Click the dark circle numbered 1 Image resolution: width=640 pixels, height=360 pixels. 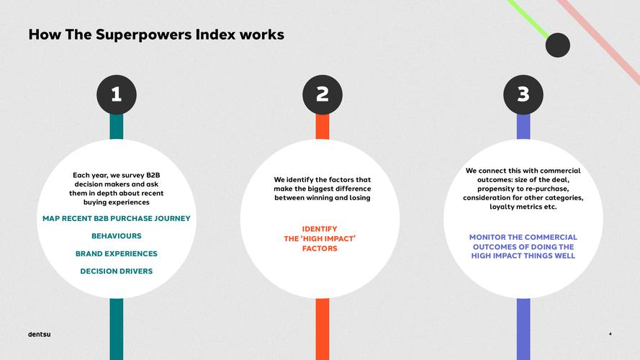coord(117,95)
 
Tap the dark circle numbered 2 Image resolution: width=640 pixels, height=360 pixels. coord(323,95)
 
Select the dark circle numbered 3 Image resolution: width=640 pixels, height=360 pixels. coord(523,95)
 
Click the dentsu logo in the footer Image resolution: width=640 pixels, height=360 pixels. coord(39,334)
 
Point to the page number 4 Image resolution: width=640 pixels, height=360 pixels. coord(610,334)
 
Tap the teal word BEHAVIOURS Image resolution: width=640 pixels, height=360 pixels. coord(117,236)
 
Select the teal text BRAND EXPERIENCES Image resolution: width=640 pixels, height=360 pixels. coord(117,253)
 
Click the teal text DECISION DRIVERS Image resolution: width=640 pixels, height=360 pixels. coord(117,271)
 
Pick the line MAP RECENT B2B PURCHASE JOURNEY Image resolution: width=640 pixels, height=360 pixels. coord(117,218)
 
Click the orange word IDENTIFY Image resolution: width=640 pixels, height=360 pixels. coord(320,229)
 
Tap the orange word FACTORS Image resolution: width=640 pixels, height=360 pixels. coord(320,248)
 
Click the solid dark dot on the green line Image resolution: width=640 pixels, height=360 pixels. coord(557,45)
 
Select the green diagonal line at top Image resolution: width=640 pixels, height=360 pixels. coord(528,19)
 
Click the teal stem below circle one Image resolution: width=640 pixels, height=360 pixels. coord(117,329)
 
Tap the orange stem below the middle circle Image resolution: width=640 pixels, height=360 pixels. coord(323,329)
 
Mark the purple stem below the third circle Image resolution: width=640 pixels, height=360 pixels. coord(523,329)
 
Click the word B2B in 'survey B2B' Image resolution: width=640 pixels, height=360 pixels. coord(153,175)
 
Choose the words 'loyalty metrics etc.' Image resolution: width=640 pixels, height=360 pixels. coord(523,207)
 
